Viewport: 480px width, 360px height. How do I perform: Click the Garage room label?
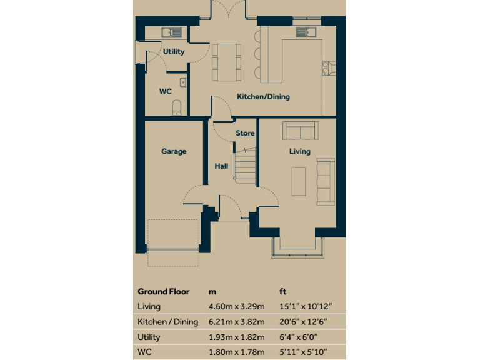174,151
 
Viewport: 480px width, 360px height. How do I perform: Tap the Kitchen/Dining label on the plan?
263,97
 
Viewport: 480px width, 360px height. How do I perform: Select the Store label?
245,133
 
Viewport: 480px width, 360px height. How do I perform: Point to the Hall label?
221,166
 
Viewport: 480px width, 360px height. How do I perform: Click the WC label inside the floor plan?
165,91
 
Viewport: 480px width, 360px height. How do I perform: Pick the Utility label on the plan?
174,52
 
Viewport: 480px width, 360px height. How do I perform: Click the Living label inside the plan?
299,151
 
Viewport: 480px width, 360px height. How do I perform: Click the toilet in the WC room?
177,107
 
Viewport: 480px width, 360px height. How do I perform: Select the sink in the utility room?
171,32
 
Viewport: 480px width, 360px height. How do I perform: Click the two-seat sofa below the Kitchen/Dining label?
300,131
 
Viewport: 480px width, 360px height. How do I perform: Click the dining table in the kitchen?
226,62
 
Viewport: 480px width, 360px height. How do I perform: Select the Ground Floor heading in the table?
163,292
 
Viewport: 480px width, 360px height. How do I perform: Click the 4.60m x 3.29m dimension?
236,307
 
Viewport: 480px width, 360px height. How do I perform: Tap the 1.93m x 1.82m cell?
236,337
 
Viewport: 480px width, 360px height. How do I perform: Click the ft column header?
282,292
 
